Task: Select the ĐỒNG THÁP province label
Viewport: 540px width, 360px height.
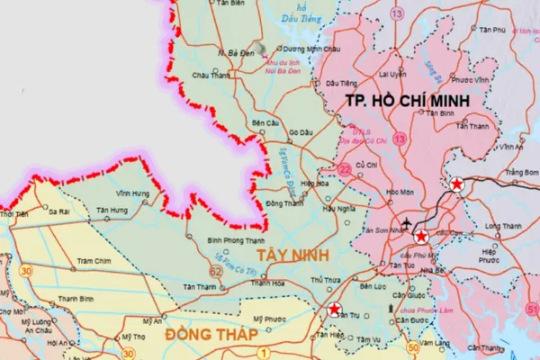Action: (x=212, y=333)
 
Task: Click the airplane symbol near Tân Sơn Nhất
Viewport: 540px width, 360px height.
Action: (x=406, y=222)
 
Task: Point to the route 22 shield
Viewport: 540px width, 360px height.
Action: (x=344, y=168)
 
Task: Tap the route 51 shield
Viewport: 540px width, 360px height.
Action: (x=533, y=310)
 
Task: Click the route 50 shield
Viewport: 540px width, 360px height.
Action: (x=413, y=347)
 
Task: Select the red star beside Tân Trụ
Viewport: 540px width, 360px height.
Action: (x=335, y=310)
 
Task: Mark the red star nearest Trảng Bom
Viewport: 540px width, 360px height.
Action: (x=456, y=185)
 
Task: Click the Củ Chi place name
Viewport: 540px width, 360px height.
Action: (x=366, y=166)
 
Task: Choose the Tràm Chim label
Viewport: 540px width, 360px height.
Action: (x=93, y=261)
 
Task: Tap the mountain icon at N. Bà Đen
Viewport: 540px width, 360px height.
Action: (x=259, y=49)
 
